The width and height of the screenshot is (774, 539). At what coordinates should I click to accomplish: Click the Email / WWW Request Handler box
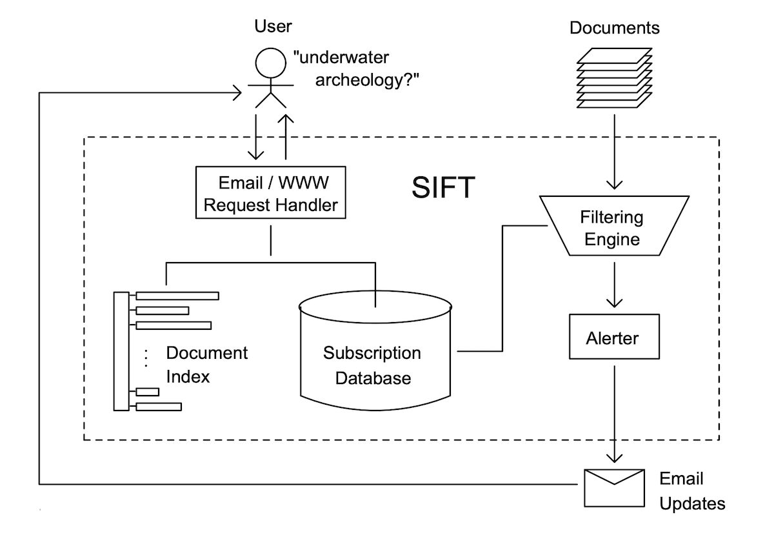pyautogui.click(x=270, y=193)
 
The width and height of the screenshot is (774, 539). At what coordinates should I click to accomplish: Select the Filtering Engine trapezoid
pyautogui.click(x=611, y=228)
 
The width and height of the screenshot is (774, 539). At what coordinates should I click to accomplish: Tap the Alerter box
pyautogui.click(x=613, y=337)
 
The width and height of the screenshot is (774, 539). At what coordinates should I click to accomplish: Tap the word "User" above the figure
pyautogui.click(x=273, y=26)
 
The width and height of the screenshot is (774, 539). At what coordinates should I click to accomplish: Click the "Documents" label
pyautogui.click(x=615, y=28)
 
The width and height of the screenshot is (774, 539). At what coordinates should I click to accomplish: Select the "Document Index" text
pyautogui.click(x=206, y=365)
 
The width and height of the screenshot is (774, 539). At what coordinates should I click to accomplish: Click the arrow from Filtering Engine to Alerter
pyautogui.click(x=613, y=285)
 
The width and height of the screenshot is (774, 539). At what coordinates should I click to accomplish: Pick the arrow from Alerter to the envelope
pyautogui.click(x=613, y=413)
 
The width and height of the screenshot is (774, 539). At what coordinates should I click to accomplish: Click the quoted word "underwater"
pyautogui.click(x=341, y=58)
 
